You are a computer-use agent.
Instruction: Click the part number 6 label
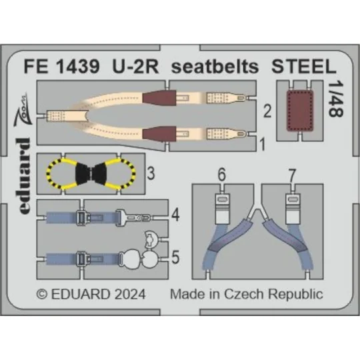coord(221,176)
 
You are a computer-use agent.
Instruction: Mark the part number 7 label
coord(291,176)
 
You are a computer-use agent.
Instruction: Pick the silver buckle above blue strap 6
coord(221,200)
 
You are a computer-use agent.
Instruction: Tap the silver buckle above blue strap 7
coord(291,200)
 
